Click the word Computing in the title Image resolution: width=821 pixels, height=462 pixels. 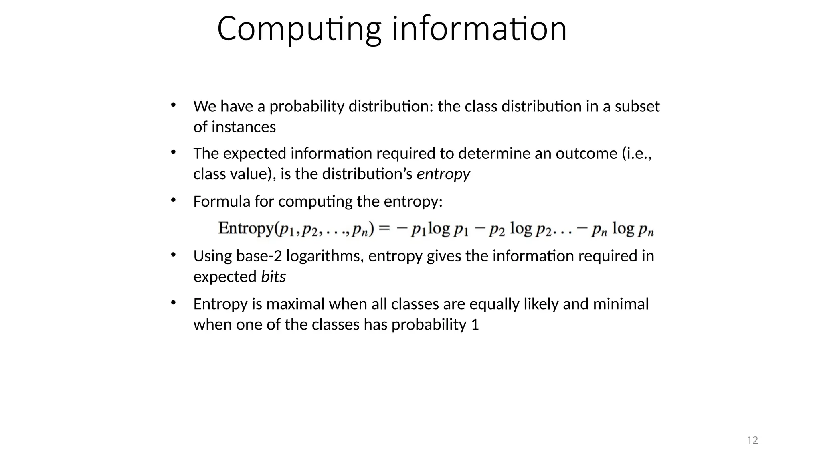point(299,29)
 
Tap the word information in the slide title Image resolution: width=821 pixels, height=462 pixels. point(479,29)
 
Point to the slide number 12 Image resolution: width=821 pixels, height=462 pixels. point(752,440)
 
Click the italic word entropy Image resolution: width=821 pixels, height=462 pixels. point(443,174)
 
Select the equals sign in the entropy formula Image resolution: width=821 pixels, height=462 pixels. point(384,228)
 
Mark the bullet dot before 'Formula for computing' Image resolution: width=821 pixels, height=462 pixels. point(173,200)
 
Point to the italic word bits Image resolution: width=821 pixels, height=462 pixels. point(273,277)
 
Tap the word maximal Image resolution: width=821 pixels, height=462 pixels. point(295,304)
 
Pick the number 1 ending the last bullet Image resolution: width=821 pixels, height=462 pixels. point(475,324)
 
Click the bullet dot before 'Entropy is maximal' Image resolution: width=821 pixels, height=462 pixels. point(173,302)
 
